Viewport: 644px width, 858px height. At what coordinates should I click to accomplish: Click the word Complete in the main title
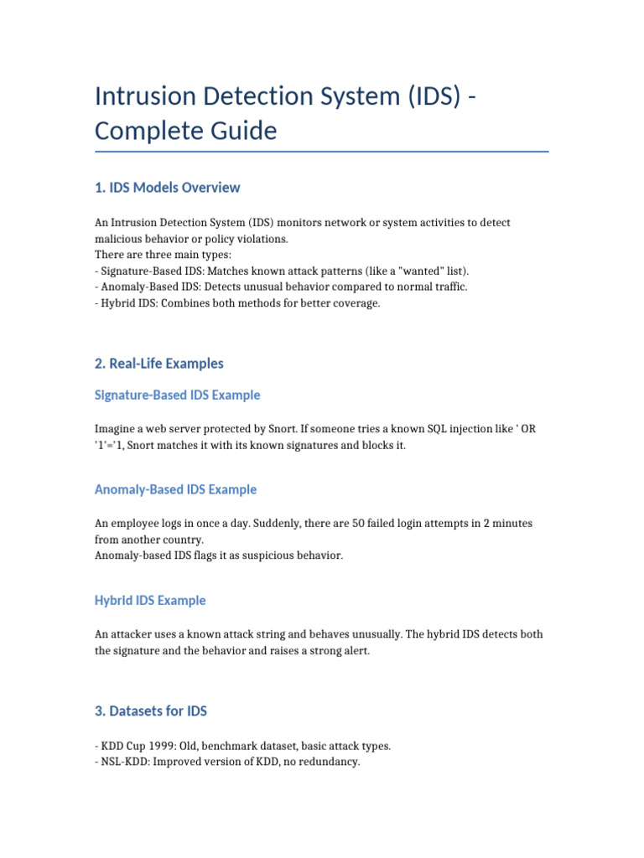(144, 131)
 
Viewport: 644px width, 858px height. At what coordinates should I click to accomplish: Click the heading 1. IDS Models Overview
(168, 188)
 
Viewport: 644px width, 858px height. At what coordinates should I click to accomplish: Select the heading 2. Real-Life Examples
(159, 364)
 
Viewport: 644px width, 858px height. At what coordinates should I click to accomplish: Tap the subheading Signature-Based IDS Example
(178, 395)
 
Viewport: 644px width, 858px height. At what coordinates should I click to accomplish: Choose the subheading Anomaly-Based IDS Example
(176, 489)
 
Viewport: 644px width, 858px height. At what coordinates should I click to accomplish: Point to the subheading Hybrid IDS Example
(150, 601)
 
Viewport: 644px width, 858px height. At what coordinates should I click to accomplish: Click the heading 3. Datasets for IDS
(151, 711)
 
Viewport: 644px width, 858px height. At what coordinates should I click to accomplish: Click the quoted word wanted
(416, 271)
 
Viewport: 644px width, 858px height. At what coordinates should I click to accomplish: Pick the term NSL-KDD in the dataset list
(122, 762)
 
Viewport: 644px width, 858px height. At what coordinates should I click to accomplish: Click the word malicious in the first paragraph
(119, 239)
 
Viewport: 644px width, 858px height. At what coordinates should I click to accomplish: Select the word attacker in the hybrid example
(133, 634)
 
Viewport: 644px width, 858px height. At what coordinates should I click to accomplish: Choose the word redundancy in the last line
(329, 762)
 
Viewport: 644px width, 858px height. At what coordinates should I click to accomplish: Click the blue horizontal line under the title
(322, 152)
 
